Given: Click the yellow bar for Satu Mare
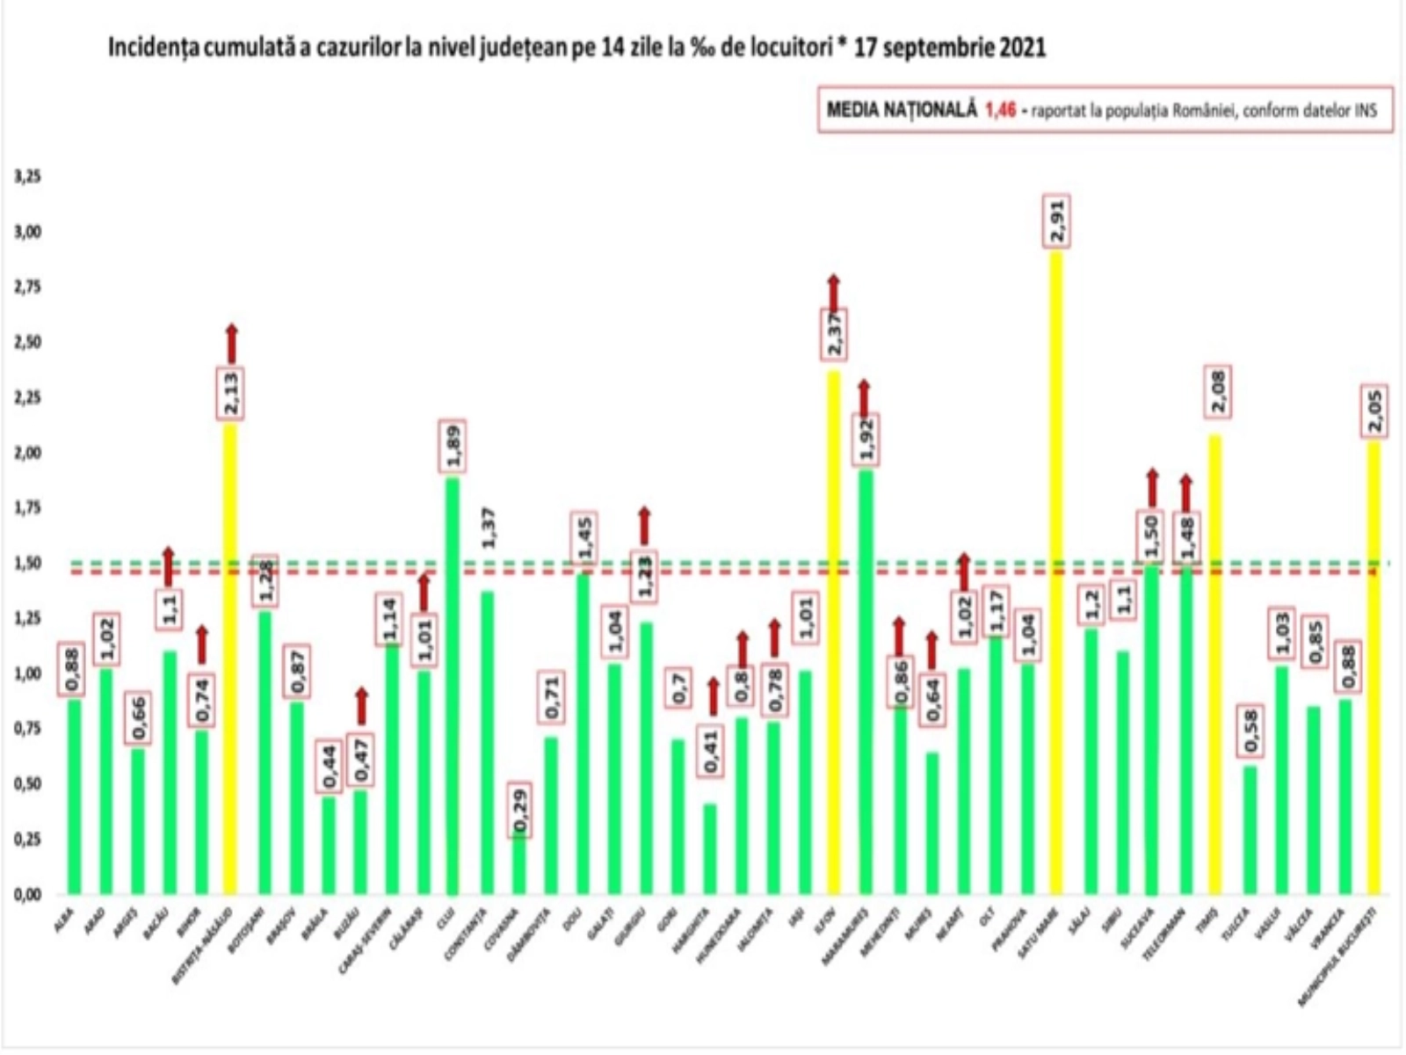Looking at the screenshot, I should [1056, 571].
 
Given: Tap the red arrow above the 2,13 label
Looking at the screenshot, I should [231, 344].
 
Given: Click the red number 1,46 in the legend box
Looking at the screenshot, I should [1000, 110].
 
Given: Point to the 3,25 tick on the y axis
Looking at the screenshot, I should [28, 177].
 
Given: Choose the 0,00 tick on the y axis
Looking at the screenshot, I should [28, 894].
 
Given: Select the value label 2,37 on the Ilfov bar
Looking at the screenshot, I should [833, 334].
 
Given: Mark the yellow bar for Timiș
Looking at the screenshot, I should [1217, 664].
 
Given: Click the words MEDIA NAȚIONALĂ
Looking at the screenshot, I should [902, 110].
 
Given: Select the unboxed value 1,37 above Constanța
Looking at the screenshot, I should [489, 527].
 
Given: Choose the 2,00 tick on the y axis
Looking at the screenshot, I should [28, 453].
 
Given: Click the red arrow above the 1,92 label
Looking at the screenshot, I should [865, 397].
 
